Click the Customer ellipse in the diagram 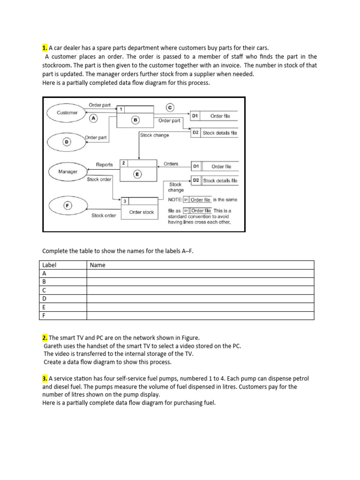tap(67, 113)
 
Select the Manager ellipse tap(67, 172)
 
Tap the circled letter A tap(94, 119)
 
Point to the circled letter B tap(135, 120)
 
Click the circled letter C tap(170, 108)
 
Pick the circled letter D tap(67, 141)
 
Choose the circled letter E tap(137, 174)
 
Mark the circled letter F tap(67, 205)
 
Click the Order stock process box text tap(142, 212)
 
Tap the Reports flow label tap(104, 165)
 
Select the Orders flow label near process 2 tap(171, 164)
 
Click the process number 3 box tap(125, 201)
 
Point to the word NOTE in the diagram tap(175, 200)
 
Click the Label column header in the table tap(49, 265)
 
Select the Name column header tap(97, 265)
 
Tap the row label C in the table tap(45, 290)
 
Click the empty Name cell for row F tap(201, 315)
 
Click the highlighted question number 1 tap(45, 48)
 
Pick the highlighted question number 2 tap(45, 337)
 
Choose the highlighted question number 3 tap(45, 378)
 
